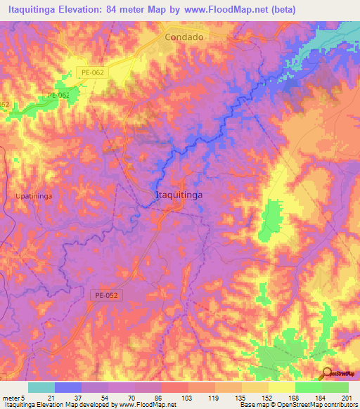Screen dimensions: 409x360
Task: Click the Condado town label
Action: click(184, 37)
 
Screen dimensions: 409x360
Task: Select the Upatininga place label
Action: click(34, 196)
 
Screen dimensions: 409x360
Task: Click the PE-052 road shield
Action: click(105, 297)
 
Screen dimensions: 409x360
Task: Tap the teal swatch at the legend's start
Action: click(41, 387)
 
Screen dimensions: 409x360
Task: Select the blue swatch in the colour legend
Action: click(68, 387)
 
